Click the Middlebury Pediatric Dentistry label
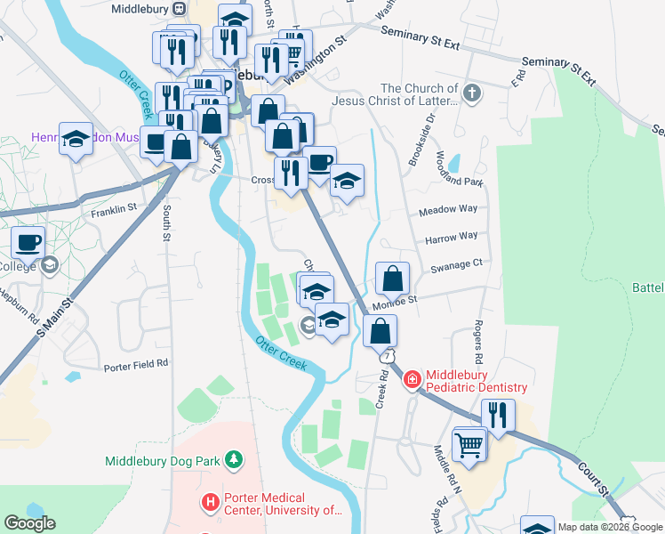click(477, 382)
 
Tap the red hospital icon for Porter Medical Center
click(211, 503)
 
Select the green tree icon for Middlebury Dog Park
click(233, 459)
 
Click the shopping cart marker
click(469, 444)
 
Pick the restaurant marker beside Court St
click(498, 415)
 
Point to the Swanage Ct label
click(456, 263)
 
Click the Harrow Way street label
click(452, 238)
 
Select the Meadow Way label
click(448, 209)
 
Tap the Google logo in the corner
click(29, 523)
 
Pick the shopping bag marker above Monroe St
click(392, 279)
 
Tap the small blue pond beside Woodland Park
click(454, 163)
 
